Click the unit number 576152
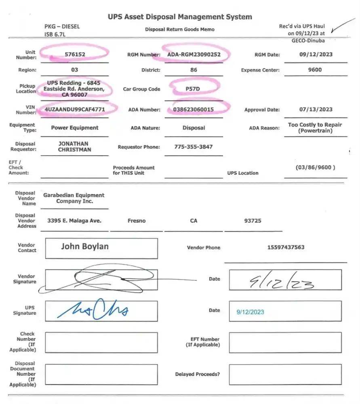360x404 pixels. [x=75, y=54]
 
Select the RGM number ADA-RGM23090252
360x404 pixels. [x=194, y=55]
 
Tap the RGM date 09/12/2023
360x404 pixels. [x=315, y=54]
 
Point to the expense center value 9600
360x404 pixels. [x=315, y=69]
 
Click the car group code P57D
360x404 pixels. [x=193, y=88]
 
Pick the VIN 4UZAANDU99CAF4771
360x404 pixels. [x=75, y=109]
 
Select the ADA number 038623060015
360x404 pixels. [x=194, y=109]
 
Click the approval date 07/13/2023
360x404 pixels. [x=316, y=109]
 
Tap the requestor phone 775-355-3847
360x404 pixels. [x=194, y=147]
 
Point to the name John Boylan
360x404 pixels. [x=85, y=246]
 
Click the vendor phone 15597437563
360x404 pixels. [x=286, y=247]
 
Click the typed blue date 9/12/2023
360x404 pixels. [x=250, y=312]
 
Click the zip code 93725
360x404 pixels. [x=253, y=221]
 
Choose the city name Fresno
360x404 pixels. [x=136, y=221]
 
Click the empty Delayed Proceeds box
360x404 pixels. [x=285, y=375]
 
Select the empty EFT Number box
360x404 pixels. [x=285, y=342]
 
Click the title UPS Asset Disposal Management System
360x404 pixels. [x=180, y=17]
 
